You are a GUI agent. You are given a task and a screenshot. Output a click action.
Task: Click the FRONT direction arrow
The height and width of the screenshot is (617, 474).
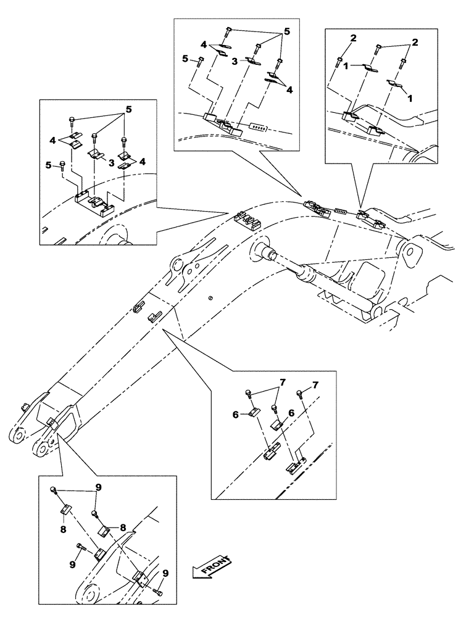pyautogui.click(x=211, y=566)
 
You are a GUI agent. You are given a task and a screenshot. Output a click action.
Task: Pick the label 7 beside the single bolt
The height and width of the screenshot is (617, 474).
pyautogui.click(x=316, y=386)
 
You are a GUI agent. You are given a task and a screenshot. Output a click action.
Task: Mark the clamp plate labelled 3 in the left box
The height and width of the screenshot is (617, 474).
pyautogui.click(x=96, y=154)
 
